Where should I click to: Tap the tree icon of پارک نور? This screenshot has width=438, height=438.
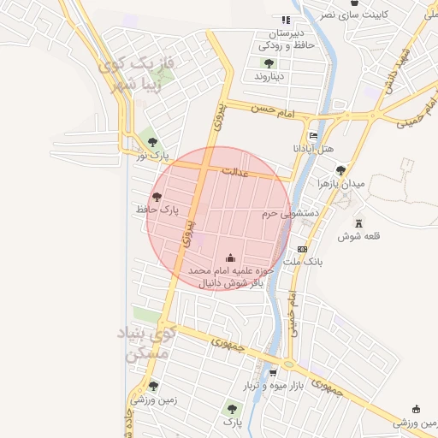click(x=152, y=142)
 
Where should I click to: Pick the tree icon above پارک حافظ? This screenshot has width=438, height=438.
click(x=157, y=197)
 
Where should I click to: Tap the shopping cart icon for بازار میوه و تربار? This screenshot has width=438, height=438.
click(x=273, y=373)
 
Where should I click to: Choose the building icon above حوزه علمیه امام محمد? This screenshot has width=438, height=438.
click(x=229, y=257)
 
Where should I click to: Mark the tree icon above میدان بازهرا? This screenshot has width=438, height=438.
click(x=341, y=171)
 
